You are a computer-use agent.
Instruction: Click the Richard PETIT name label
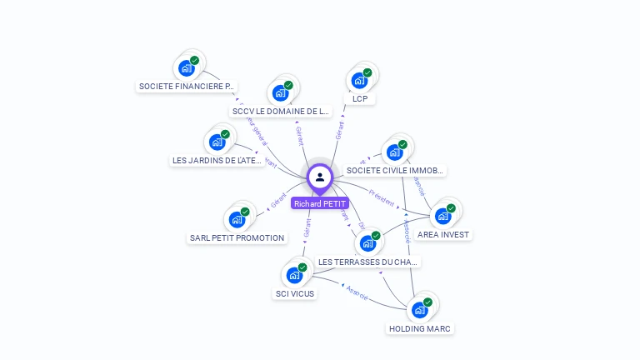(x=320, y=203)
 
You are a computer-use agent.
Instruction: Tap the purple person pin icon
(x=320, y=177)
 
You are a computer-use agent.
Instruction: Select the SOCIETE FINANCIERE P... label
(x=187, y=86)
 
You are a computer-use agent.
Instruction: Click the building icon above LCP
(x=359, y=80)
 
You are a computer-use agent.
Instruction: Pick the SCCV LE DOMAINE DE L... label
(x=281, y=111)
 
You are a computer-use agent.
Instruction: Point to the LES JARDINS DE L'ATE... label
(x=217, y=160)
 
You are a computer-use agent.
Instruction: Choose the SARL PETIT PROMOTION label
(x=237, y=237)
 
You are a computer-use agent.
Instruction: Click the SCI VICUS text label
(x=295, y=293)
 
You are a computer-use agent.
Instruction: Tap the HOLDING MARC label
(x=420, y=328)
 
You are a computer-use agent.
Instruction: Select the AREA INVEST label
(x=443, y=235)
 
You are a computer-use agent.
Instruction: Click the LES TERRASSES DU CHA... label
(x=367, y=262)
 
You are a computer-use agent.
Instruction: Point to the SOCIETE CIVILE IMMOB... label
(x=395, y=170)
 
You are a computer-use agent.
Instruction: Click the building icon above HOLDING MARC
(x=420, y=310)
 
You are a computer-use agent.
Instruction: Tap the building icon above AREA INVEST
(x=443, y=216)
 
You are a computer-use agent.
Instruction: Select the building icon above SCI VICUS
(x=294, y=275)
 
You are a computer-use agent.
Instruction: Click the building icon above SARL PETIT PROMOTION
(x=237, y=219)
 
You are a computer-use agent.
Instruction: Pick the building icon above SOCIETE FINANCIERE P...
(x=186, y=67)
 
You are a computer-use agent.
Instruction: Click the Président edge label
(x=382, y=200)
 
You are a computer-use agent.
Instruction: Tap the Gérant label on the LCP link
(x=340, y=130)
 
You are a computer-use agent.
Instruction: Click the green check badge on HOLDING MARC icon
(x=427, y=302)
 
